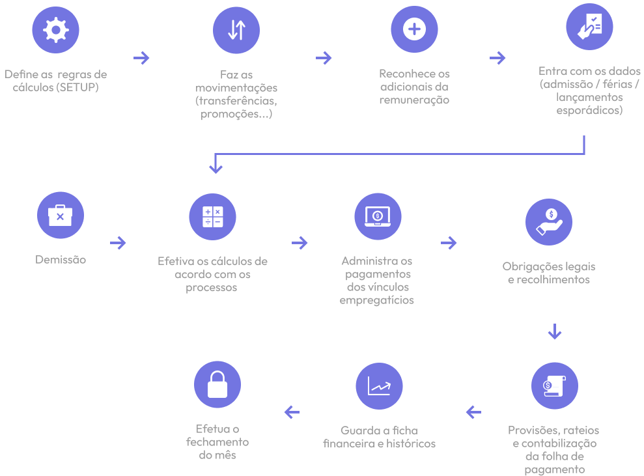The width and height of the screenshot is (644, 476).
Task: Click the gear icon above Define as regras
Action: point(55,30)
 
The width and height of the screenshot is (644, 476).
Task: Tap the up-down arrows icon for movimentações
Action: point(236,30)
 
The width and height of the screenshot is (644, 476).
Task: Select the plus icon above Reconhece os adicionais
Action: point(414,29)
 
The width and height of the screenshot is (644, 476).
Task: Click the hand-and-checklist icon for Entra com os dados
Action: point(589,27)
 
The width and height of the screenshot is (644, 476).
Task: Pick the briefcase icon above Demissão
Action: point(61,215)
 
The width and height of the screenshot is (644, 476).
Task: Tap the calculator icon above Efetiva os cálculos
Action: point(212,217)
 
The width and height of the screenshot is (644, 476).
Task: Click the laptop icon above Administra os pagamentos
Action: point(378,216)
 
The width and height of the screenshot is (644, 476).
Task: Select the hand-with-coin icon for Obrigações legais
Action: point(549,222)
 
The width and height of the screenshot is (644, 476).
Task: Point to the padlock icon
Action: point(217,384)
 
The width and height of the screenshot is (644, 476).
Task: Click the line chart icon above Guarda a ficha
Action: point(379,386)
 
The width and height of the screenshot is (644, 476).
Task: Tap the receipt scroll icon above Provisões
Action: point(554,385)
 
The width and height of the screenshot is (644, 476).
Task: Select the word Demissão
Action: point(61,260)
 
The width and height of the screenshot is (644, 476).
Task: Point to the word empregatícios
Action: point(376,301)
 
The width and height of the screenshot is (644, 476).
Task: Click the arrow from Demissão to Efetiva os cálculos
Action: point(118,243)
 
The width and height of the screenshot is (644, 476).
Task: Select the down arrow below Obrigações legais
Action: point(554,331)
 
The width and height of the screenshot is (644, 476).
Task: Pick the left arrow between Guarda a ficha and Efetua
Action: point(292,412)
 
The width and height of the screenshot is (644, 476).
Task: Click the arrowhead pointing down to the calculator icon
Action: point(216,167)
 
